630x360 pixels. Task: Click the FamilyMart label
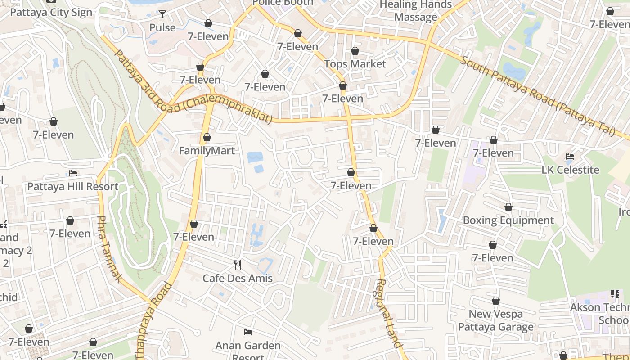tap(207, 151)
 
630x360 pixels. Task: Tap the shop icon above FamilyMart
tap(207, 137)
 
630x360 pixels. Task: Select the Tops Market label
tap(355, 64)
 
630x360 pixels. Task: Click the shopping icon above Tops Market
tap(355, 51)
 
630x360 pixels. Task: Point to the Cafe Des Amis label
tap(238, 278)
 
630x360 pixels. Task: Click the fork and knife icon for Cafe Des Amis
tap(238, 265)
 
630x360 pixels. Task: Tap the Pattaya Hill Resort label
tap(73, 186)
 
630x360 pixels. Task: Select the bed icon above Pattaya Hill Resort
tap(73, 173)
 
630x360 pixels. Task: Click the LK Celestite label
tap(570, 170)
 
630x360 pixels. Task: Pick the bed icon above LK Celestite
tap(570, 157)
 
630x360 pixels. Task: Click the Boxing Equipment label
tap(508, 220)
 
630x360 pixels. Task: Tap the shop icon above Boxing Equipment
tap(508, 207)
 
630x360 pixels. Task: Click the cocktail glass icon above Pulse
tap(162, 14)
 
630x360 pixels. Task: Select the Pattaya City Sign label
tap(51, 12)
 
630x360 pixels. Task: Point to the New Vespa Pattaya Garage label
tap(496, 320)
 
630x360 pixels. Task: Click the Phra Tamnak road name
tap(109, 249)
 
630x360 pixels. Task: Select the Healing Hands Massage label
tap(416, 11)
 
